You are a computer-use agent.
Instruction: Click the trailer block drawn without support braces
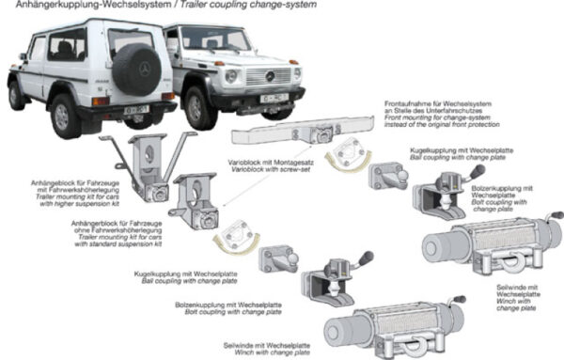pyautogui.click(x=200, y=199)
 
